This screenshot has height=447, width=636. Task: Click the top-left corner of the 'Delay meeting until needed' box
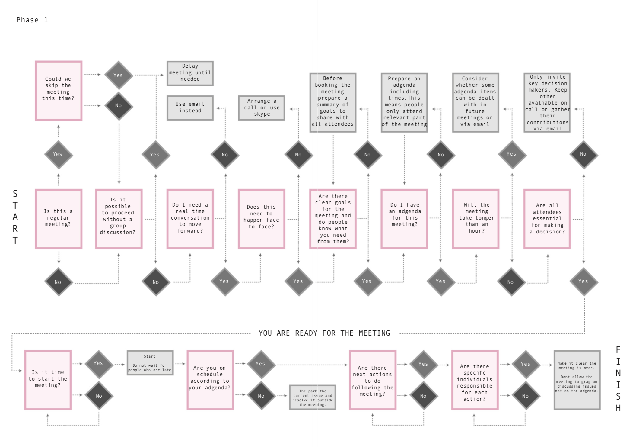point(167,61)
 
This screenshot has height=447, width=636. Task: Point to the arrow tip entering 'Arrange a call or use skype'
point(290,109)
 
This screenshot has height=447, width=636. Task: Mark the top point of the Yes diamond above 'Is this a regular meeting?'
point(59,140)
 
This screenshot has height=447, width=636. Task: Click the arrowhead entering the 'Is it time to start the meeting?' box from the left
point(21,371)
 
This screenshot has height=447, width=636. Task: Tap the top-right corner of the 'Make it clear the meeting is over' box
point(601,350)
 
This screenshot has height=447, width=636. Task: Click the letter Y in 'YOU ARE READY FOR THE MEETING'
point(261,333)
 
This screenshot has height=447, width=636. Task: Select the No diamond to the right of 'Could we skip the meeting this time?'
point(119,106)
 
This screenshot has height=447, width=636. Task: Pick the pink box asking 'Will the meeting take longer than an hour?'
point(475,219)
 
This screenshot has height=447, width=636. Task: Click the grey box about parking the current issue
point(313,397)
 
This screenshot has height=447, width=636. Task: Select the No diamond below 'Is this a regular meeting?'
point(59,282)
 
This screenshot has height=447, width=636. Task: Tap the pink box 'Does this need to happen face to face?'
point(261,219)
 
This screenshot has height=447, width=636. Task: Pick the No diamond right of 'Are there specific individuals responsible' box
point(526,395)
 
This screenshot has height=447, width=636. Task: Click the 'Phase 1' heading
point(32,20)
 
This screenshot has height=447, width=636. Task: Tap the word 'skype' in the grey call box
point(262,114)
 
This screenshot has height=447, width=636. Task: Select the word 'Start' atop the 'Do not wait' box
point(150,356)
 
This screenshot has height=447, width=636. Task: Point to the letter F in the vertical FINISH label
point(618,349)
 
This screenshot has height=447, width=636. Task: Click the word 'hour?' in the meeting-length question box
point(477,231)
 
